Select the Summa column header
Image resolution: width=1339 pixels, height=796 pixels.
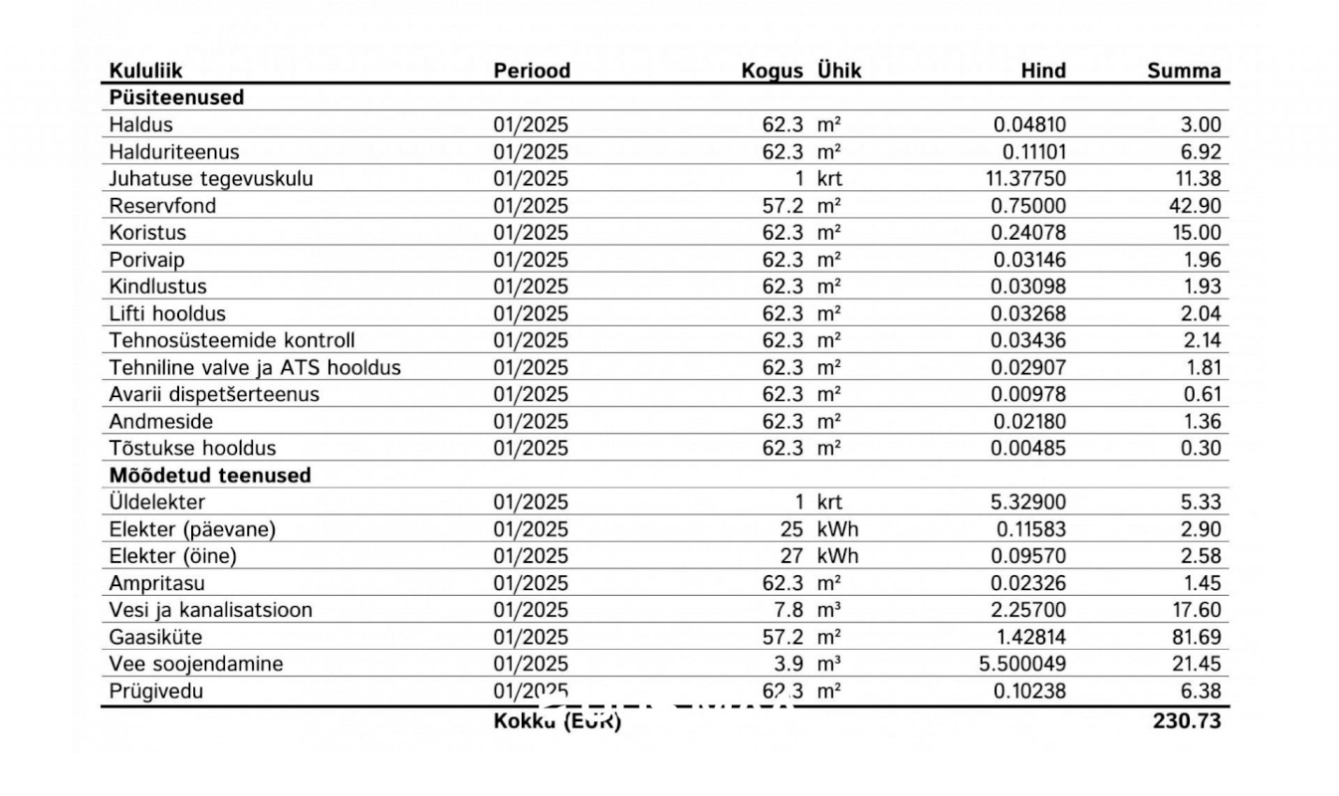coord(1184,71)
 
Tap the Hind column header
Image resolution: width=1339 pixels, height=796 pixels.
coord(1042,71)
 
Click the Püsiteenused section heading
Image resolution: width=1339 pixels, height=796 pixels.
coord(176,98)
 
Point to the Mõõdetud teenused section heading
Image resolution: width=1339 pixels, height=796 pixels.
coord(210,475)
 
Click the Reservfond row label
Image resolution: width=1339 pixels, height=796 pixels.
coord(162,206)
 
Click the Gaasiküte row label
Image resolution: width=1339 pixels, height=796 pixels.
coord(155,637)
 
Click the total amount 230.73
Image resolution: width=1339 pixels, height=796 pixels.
coord(1187,720)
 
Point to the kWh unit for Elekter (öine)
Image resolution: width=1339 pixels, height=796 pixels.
coord(836,556)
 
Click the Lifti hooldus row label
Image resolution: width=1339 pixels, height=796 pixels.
coord(168,313)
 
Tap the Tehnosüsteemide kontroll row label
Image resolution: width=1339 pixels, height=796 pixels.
coord(232,340)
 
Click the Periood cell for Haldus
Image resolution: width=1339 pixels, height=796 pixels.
coord(531,125)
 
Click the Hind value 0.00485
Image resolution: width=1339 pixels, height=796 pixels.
coord(1028,448)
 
